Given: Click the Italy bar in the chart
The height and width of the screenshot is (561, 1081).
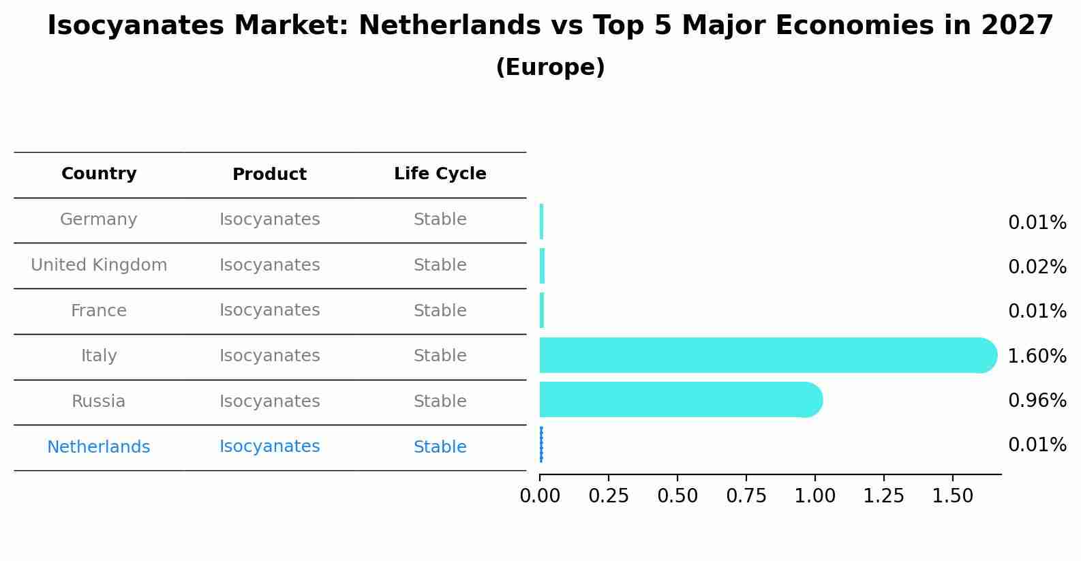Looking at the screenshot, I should (763, 355).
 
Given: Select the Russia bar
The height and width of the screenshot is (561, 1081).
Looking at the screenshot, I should (678, 400).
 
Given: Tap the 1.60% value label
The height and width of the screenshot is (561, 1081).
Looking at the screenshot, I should (1037, 356).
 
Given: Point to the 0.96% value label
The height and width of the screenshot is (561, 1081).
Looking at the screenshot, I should (1037, 401).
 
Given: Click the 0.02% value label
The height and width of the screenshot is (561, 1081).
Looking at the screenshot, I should (1037, 267).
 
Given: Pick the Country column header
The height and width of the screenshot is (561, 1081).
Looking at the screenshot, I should (99, 174).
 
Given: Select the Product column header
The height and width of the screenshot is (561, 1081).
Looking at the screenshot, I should (269, 175).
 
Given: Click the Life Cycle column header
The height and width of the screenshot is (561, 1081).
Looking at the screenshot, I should (440, 174).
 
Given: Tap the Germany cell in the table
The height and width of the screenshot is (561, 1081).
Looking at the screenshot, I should (99, 219).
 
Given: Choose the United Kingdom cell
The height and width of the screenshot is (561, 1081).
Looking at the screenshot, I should (99, 265).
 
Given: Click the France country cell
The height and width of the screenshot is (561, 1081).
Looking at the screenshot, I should (99, 311).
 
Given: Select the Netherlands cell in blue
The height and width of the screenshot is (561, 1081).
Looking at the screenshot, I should (99, 447).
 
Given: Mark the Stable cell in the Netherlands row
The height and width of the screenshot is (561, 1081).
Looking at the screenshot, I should (440, 447).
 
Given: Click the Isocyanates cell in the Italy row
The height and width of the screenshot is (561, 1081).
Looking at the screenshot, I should (269, 356).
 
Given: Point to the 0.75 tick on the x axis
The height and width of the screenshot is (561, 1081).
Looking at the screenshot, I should (746, 496).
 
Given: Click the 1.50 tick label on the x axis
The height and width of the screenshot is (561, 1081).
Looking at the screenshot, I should (952, 496).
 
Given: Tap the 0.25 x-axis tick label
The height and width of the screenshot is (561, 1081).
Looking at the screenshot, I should (609, 496).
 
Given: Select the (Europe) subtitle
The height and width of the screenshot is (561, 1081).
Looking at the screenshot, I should (550, 67).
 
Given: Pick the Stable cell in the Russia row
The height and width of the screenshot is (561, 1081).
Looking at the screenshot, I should (440, 401).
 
